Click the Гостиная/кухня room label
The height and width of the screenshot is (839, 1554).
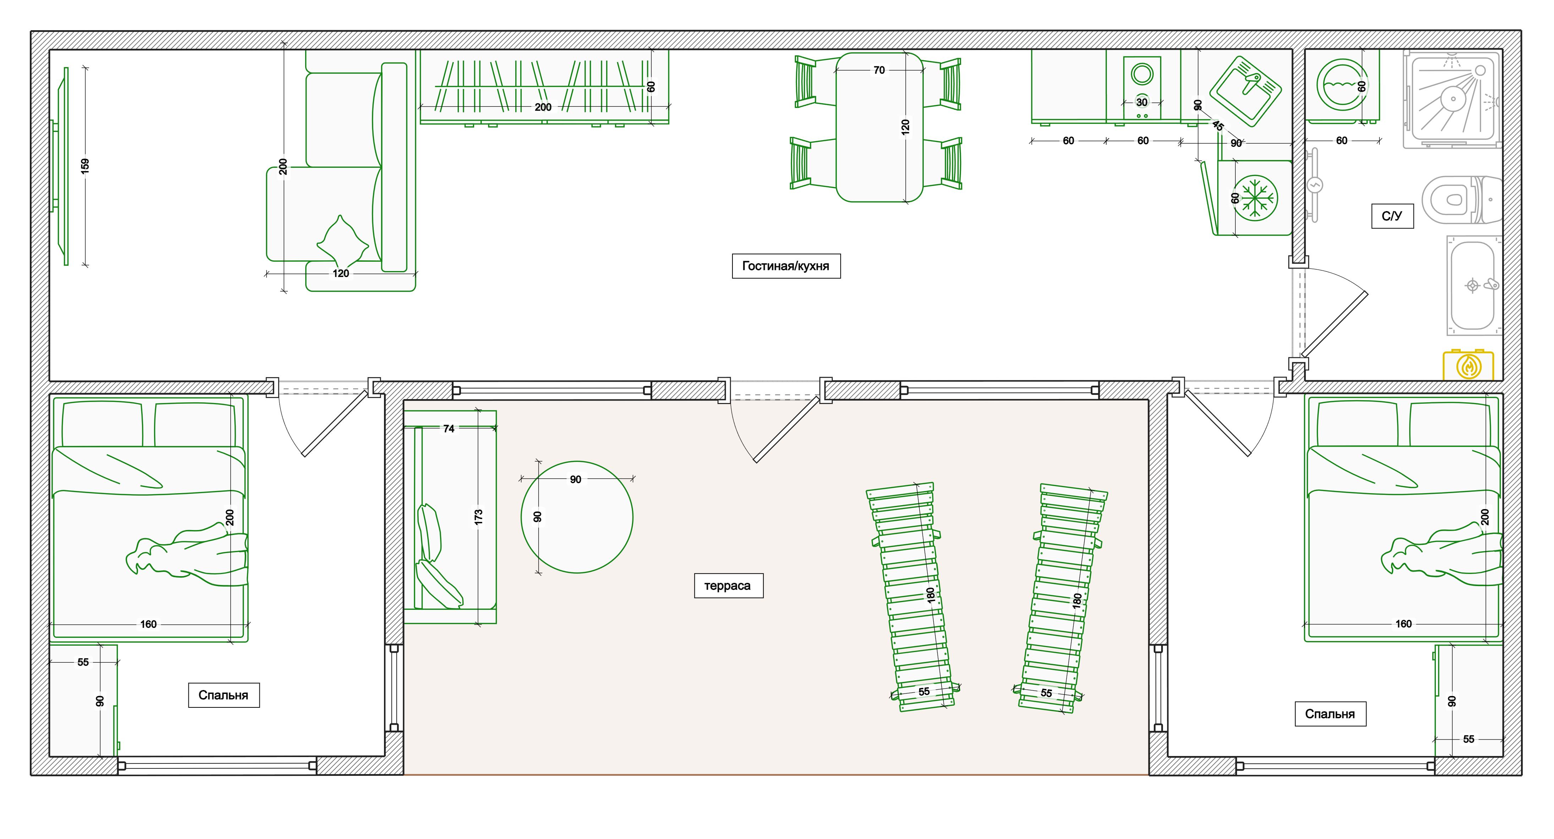(x=786, y=266)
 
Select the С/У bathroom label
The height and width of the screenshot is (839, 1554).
(x=1392, y=216)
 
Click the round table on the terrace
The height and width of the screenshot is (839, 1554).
(x=577, y=517)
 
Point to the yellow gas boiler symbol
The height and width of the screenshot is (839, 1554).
(x=1468, y=365)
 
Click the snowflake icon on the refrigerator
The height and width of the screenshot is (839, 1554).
(x=1256, y=198)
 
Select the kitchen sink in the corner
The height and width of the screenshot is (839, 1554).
(x=1246, y=91)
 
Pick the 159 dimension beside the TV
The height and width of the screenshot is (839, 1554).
(x=85, y=166)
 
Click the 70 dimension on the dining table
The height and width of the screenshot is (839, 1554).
(x=879, y=70)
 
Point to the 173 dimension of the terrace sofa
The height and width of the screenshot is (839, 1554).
(x=478, y=517)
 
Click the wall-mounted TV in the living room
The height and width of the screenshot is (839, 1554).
(x=61, y=166)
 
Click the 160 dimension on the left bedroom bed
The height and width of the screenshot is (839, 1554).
(x=148, y=624)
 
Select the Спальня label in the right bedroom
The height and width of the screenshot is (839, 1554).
(x=1330, y=714)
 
